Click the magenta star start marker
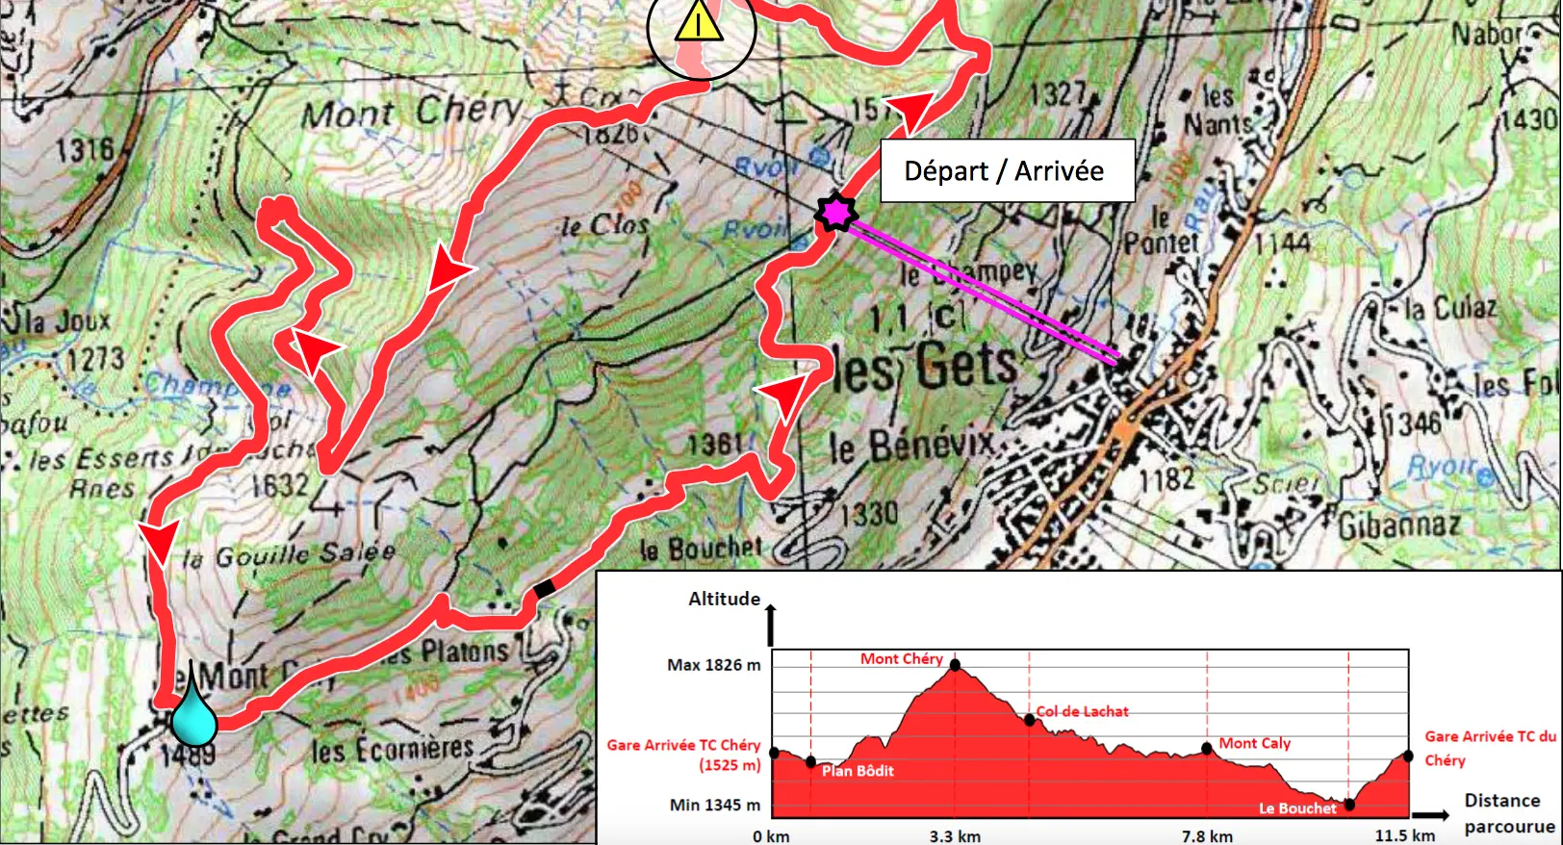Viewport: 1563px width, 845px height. pyautogui.click(x=835, y=212)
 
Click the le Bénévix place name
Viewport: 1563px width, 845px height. pyautogui.click(x=911, y=446)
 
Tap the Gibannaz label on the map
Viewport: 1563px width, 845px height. pyautogui.click(x=1399, y=525)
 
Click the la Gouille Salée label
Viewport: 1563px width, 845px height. pyautogui.click(x=289, y=555)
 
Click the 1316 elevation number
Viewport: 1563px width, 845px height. pyautogui.click(x=85, y=149)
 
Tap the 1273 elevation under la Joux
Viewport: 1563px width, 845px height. pyautogui.click(x=95, y=359)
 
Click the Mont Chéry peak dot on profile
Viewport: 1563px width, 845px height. pyautogui.click(x=955, y=665)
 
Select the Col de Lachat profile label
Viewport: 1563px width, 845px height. pyautogui.click(x=1082, y=711)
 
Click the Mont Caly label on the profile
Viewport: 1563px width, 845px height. pyautogui.click(x=1254, y=743)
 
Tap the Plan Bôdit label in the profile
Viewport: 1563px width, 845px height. pyautogui.click(x=858, y=770)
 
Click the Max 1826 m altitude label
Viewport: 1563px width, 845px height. pyautogui.click(x=713, y=665)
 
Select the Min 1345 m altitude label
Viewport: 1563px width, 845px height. pyautogui.click(x=714, y=805)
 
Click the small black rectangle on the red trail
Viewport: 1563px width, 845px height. pyautogui.click(x=545, y=588)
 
